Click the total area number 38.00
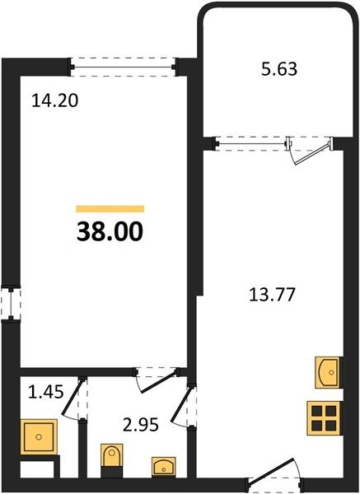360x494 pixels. coord(110,231)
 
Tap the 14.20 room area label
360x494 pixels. coord(55,101)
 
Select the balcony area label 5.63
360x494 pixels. coord(279,69)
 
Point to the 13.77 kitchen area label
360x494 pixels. coord(272,295)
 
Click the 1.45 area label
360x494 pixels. coord(46,392)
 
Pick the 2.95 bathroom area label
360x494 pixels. coord(141,425)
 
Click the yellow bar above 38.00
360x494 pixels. coord(110,209)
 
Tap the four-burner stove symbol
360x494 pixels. coord(324,418)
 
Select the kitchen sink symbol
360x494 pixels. coord(328,372)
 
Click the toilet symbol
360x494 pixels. coord(111,460)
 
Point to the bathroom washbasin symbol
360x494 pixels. coord(164,466)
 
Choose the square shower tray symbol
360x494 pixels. coord(39,436)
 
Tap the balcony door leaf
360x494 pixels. coord(312,155)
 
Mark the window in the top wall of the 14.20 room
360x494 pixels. coord(123,68)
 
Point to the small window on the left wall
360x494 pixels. coord(11,303)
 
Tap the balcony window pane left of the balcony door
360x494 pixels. coord(251,144)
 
